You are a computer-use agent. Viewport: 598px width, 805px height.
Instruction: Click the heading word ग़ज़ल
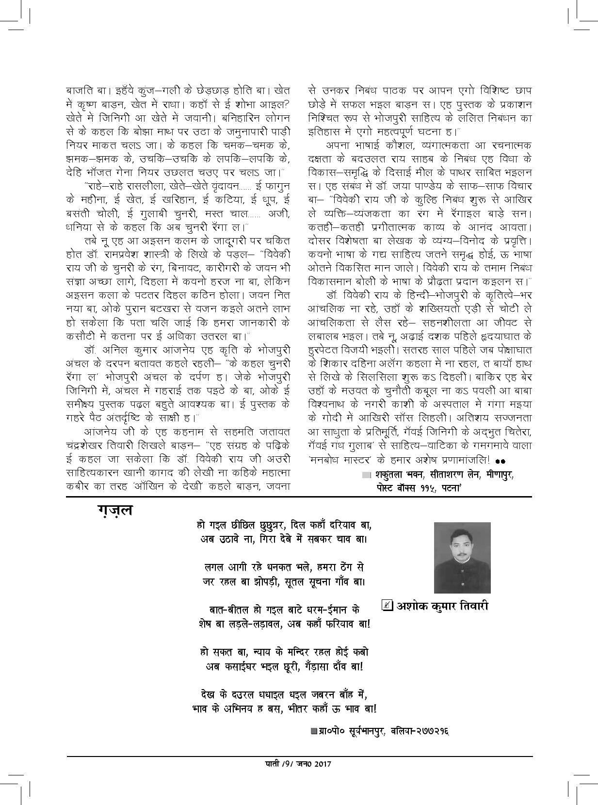114,511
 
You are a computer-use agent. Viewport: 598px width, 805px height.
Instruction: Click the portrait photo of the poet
462,557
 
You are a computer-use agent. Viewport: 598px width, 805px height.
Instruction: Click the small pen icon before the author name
387,606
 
